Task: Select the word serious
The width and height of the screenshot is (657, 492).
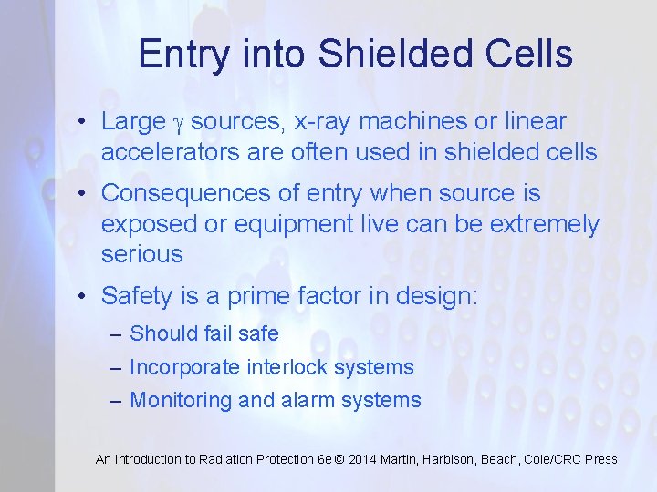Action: pos(141,254)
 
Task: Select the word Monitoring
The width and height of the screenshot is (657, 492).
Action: pos(177,400)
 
